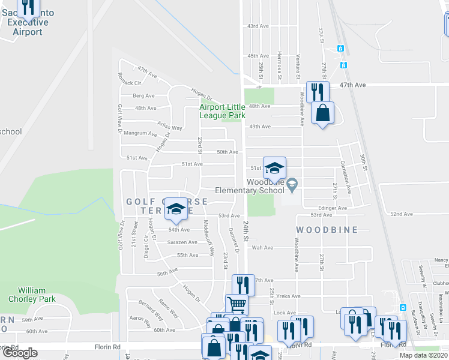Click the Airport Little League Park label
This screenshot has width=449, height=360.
click(223, 111)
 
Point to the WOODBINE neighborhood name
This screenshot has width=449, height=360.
click(327, 230)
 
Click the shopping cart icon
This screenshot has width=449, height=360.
click(237, 304)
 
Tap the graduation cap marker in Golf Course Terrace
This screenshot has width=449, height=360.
click(176, 208)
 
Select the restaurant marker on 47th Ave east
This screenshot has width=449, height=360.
click(317, 91)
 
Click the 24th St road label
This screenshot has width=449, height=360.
click(246, 227)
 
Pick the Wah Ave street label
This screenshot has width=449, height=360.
click(262, 247)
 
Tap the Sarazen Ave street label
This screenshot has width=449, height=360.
click(182, 242)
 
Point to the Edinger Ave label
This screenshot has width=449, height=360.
click(333, 208)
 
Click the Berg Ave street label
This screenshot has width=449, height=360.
click(143, 95)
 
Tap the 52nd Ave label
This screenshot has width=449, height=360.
click(401, 214)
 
